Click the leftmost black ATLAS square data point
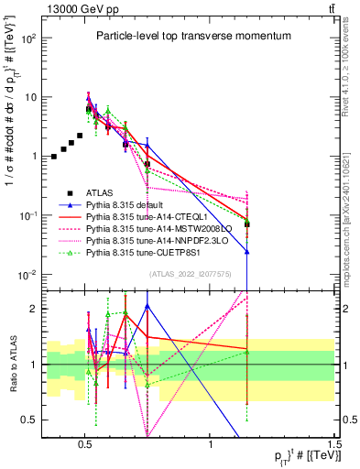54,157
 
